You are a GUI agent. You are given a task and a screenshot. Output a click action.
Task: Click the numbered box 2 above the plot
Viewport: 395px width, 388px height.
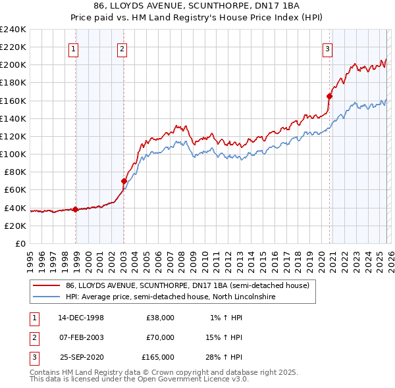point(122,48)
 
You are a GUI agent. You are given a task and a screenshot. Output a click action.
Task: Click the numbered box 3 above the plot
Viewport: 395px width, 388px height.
point(327,48)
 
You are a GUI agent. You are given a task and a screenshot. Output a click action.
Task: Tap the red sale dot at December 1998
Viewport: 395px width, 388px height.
point(76,209)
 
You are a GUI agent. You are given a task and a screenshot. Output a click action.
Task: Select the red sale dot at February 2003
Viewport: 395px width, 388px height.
point(124,181)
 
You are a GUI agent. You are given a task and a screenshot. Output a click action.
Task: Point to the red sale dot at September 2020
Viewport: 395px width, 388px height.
point(330,96)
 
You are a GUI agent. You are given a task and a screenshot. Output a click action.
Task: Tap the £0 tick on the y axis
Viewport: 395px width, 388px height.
point(20,243)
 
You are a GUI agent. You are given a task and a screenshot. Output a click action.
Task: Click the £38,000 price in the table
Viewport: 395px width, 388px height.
point(160,318)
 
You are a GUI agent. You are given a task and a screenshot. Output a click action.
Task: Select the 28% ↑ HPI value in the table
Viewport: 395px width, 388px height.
point(224,357)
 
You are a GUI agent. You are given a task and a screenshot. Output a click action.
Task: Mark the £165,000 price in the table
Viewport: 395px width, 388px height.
point(158,357)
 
